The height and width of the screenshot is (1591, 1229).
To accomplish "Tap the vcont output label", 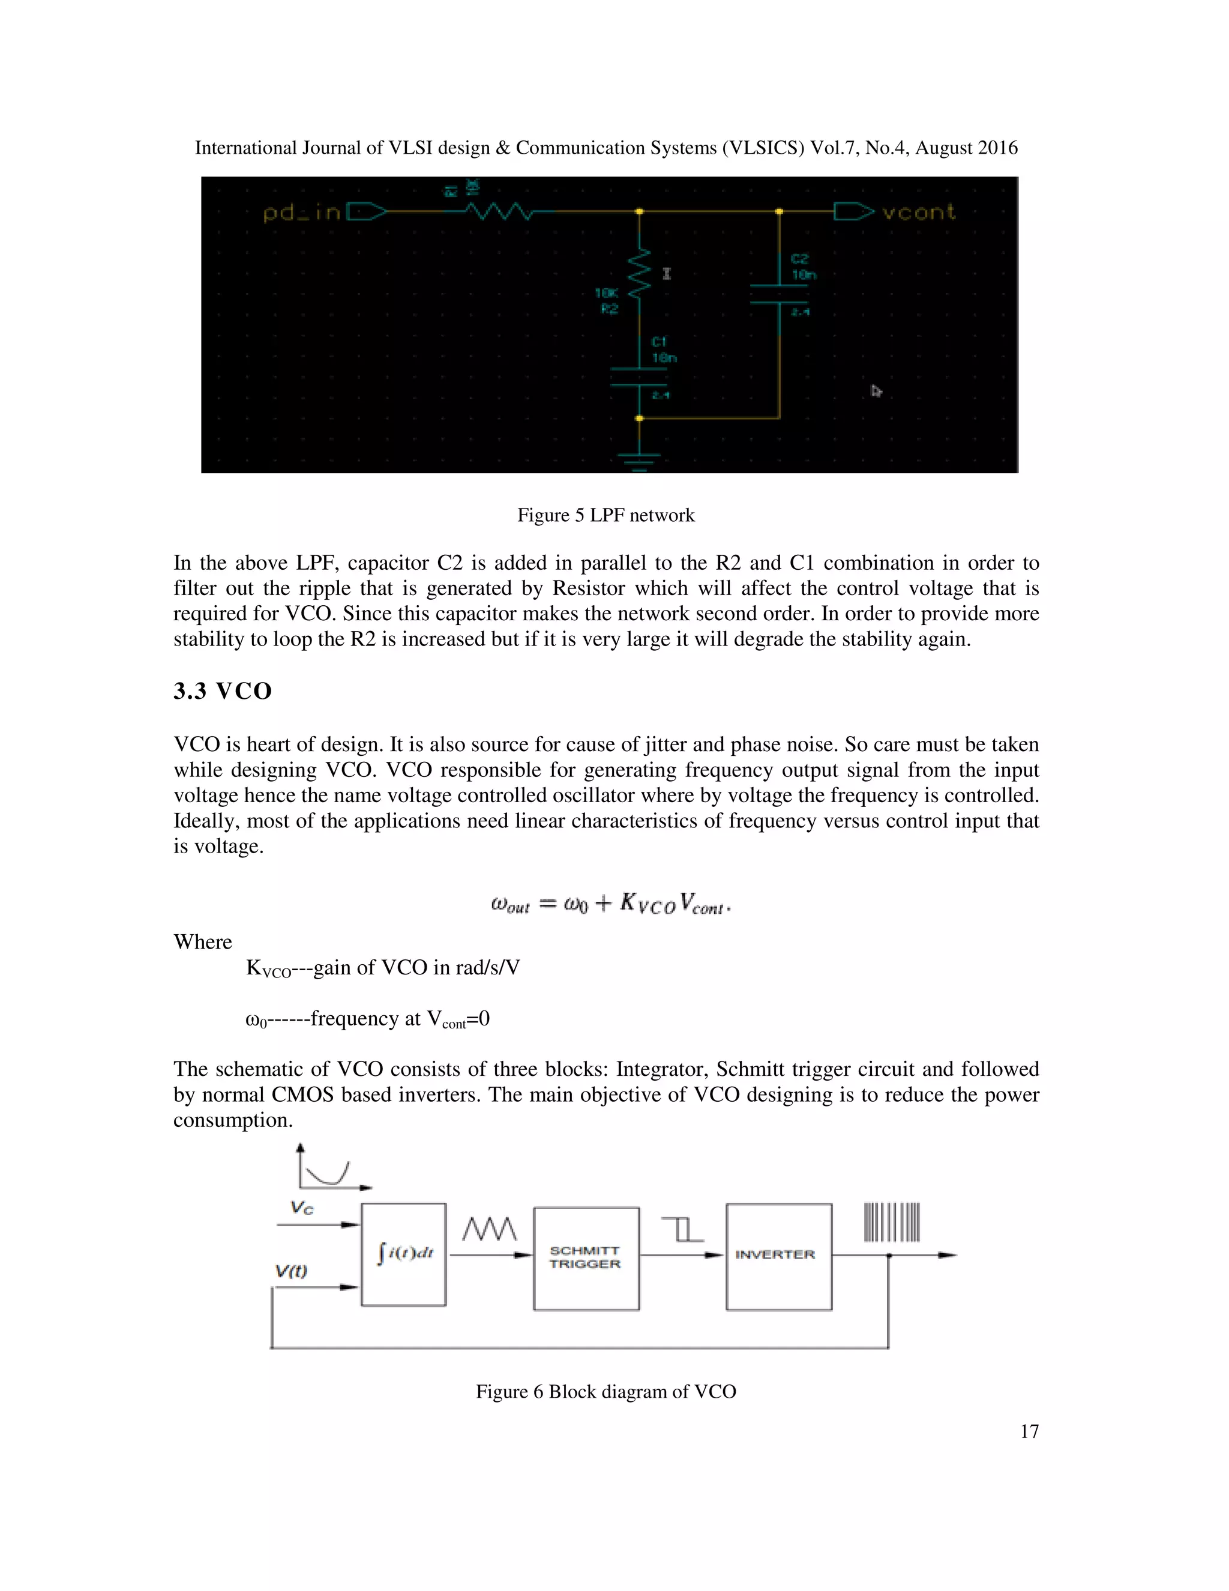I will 918,212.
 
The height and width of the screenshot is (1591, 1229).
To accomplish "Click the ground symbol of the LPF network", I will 639,460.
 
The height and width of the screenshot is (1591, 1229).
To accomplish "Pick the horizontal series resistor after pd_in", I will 499,212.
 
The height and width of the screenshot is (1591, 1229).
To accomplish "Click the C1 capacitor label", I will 659,342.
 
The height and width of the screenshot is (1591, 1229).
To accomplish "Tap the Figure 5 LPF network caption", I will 605,515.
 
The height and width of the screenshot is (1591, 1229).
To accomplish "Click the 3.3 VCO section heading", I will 222,690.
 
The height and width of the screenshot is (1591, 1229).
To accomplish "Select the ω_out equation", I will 610,904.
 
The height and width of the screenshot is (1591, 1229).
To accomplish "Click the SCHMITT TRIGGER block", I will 586,1258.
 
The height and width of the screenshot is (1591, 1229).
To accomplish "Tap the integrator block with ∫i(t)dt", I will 403,1254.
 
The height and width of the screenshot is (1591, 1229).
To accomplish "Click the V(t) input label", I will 291,1271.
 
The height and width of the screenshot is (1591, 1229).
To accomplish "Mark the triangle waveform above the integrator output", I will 489,1229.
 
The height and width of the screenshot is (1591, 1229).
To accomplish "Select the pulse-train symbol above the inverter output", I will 892,1222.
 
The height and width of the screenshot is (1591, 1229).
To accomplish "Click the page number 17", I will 1029,1431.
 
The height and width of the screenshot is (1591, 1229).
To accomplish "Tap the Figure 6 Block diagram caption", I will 605,1392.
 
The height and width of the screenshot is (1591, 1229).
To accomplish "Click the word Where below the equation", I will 202,942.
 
